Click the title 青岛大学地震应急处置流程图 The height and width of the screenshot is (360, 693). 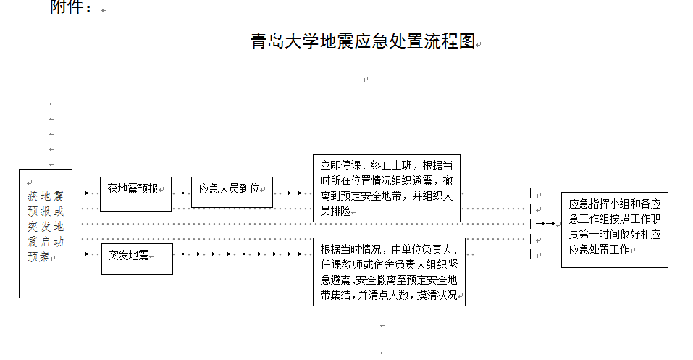pos(362,41)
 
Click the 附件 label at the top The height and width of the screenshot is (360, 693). pos(71,9)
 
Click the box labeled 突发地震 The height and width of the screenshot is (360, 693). pos(136,258)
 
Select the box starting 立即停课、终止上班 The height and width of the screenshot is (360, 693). pos(387,188)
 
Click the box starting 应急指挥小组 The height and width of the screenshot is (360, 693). pos(614,229)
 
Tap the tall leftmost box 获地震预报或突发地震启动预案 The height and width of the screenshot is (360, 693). pos(46,233)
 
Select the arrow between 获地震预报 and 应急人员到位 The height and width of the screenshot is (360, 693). pos(180,193)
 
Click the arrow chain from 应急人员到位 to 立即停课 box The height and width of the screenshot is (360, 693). pos(292,193)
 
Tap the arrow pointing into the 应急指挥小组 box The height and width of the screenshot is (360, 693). pos(548,225)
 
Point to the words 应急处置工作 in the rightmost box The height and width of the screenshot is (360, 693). pos(598,250)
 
